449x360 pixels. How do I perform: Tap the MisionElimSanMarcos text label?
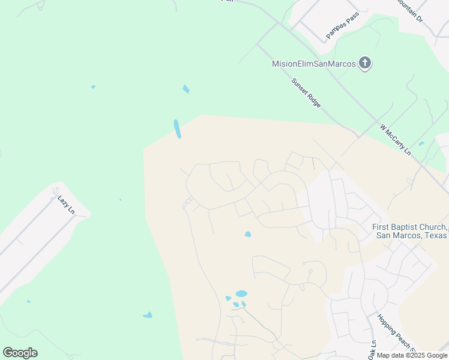[x=314, y=64]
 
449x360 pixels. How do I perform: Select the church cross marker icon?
[x=365, y=63]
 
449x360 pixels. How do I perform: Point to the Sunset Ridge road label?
[x=306, y=93]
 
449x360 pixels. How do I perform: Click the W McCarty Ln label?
[x=395, y=140]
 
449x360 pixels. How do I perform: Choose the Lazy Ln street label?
[x=65, y=204]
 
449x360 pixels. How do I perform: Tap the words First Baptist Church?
[x=409, y=227]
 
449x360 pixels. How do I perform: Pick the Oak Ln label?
[x=372, y=350]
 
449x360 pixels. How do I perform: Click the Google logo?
[x=20, y=353]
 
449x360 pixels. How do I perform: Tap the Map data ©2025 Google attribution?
[x=412, y=356]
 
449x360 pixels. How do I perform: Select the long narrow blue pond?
[x=177, y=128]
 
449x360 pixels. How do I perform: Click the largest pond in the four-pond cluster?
[x=241, y=294]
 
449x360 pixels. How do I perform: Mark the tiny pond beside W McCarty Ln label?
[x=421, y=143]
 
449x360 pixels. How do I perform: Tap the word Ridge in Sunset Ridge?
[x=313, y=100]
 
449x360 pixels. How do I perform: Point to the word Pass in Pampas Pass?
[x=352, y=17]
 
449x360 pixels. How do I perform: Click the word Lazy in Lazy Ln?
[x=62, y=200]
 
